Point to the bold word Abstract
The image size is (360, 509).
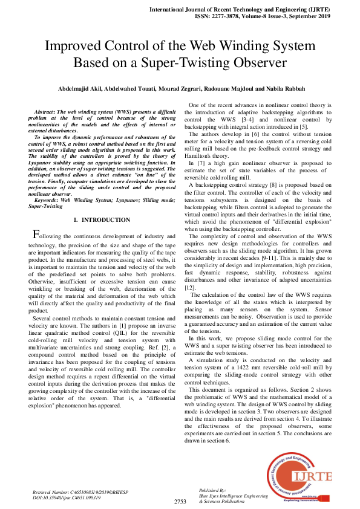45,112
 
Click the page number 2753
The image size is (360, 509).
180,501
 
